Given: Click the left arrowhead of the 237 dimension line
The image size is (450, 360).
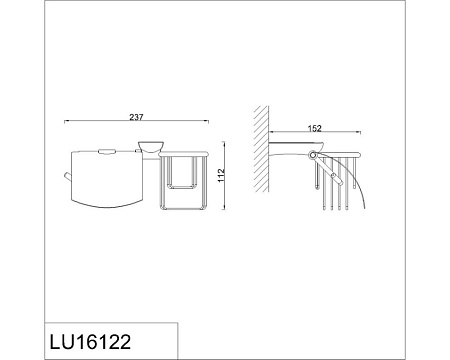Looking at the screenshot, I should (66, 121).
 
